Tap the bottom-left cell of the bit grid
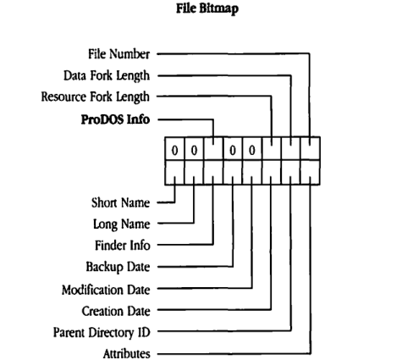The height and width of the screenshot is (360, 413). pyautogui.click(x=174, y=174)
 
